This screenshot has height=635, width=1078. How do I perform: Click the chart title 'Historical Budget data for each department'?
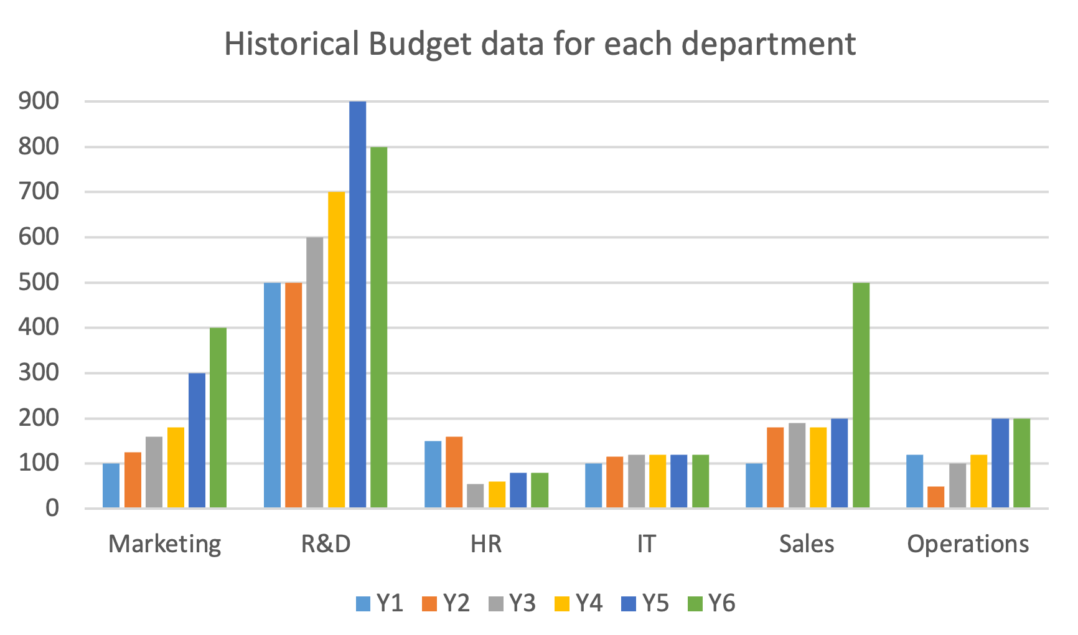click(x=540, y=44)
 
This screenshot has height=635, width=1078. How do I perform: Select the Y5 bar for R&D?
click(x=357, y=304)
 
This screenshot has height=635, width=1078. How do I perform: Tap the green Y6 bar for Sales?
click(x=861, y=395)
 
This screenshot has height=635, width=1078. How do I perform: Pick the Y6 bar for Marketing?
click(x=218, y=418)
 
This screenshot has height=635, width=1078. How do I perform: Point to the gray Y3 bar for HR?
click(x=476, y=496)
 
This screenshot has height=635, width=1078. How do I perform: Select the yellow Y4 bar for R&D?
click(x=336, y=350)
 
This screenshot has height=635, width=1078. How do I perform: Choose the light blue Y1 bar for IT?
click(x=594, y=486)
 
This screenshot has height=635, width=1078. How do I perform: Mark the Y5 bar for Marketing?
click(x=197, y=440)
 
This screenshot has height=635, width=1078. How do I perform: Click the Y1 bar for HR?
click(x=433, y=474)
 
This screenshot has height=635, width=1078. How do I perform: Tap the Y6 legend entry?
click(x=712, y=603)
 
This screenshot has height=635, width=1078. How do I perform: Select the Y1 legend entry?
click(x=380, y=603)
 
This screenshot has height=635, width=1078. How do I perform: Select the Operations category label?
click(x=967, y=544)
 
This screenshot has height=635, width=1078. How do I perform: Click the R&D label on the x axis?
click(x=326, y=544)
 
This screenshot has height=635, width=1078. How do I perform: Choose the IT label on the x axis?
click(x=646, y=544)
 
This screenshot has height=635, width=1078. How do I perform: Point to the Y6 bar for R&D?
click(x=378, y=327)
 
